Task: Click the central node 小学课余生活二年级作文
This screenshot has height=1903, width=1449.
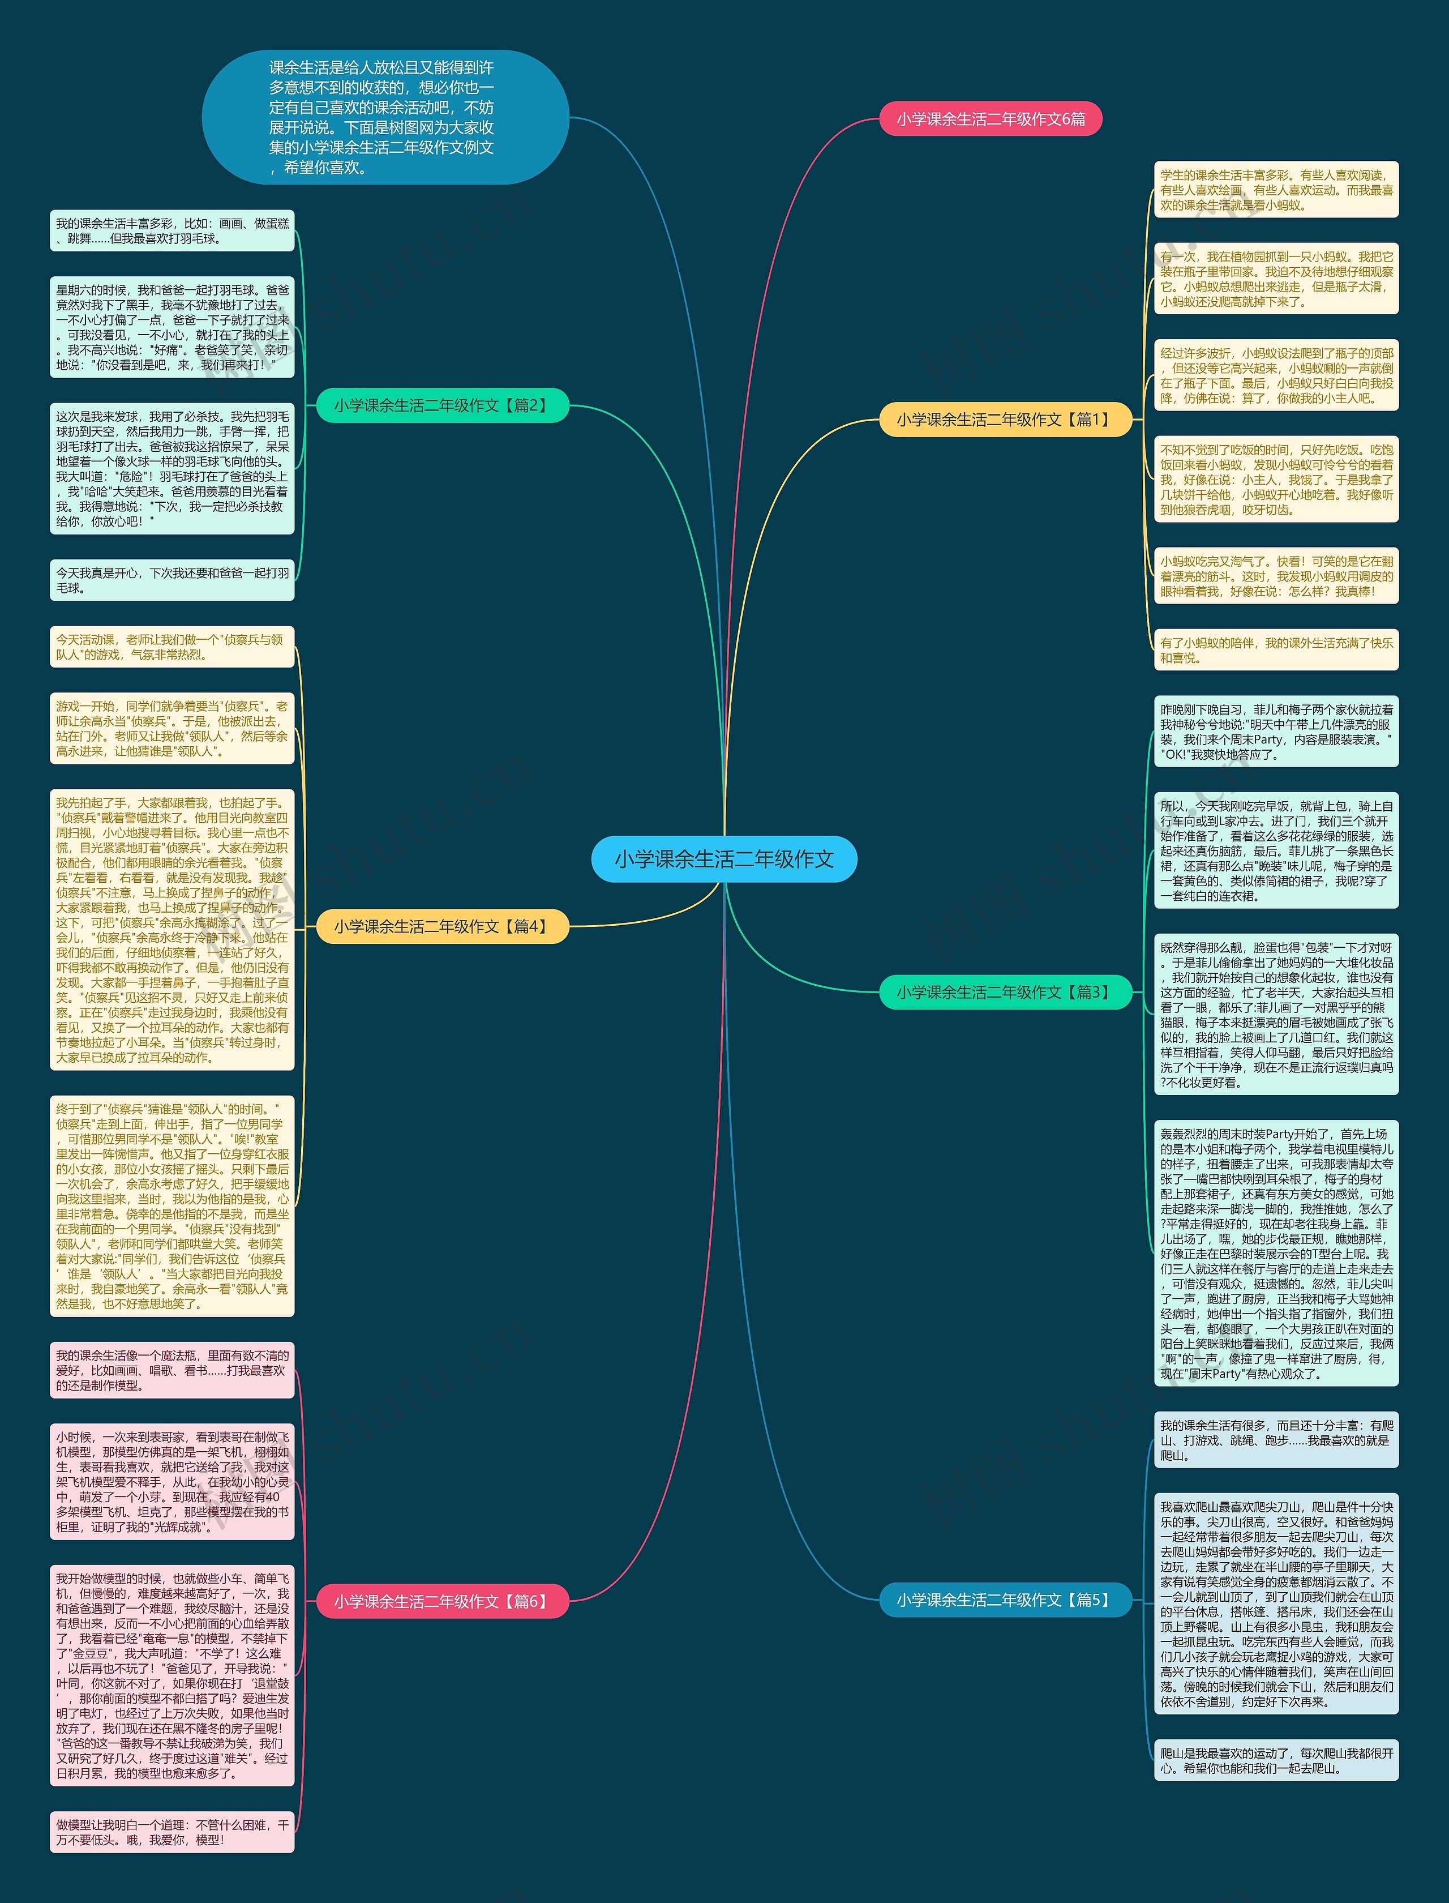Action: [x=723, y=858]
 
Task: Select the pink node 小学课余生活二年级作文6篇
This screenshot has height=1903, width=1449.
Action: [x=990, y=119]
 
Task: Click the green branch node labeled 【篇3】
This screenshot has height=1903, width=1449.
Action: [x=1005, y=992]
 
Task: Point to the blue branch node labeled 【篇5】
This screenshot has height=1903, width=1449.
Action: [x=1005, y=1600]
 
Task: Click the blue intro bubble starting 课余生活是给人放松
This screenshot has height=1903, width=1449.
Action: [x=385, y=117]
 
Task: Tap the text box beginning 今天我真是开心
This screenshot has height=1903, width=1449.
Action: [x=173, y=580]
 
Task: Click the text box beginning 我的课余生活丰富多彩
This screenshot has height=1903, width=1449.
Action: [x=173, y=231]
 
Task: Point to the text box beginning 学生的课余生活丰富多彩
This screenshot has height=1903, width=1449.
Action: [x=1276, y=190]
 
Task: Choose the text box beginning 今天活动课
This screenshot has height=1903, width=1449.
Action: [x=173, y=647]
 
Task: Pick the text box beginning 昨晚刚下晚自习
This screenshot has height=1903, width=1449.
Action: [x=1276, y=732]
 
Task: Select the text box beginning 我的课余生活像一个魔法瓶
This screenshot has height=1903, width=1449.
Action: [x=173, y=1371]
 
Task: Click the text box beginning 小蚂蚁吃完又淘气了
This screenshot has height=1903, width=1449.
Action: [x=1276, y=576]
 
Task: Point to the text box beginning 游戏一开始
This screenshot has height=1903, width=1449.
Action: [x=173, y=729]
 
